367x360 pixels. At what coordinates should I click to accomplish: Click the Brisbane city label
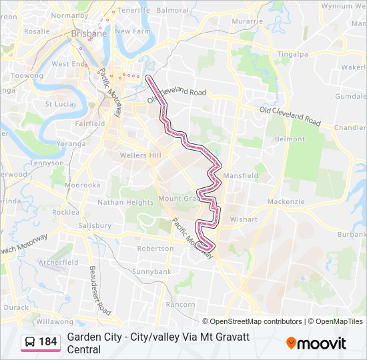(89, 33)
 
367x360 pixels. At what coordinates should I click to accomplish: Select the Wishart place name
(243, 219)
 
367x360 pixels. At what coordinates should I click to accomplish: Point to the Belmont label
(290, 139)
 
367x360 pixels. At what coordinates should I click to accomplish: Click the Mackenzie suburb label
(286, 201)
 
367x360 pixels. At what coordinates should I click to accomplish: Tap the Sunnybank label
(151, 271)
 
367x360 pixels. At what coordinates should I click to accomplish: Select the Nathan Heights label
(125, 202)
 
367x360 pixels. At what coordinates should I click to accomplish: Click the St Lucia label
(59, 104)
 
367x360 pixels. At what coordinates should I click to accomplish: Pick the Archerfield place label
(59, 262)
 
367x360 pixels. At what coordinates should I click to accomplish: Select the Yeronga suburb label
(71, 143)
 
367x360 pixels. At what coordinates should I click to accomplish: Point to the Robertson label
(155, 248)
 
